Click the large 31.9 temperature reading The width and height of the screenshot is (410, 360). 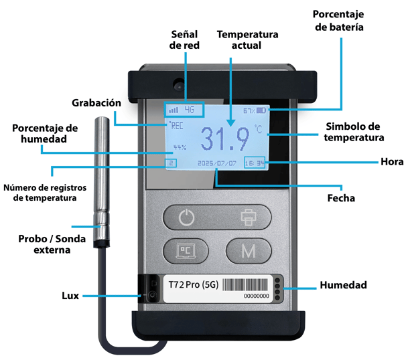click(224, 139)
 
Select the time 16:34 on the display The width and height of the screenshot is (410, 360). click(255, 163)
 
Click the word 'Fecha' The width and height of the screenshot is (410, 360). click(340, 198)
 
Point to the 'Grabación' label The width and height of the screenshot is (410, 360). click(96, 102)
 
